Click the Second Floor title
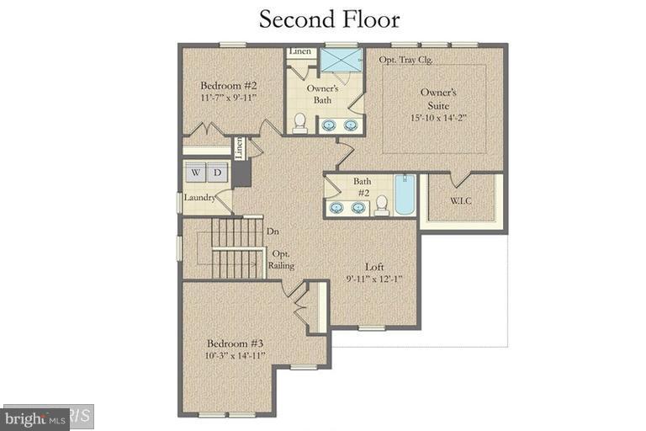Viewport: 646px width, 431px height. [x=329, y=19]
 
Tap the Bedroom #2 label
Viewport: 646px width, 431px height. [x=228, y=85]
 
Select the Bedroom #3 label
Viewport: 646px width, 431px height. [x=236, y=343]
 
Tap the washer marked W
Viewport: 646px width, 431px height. [x=196, y=173]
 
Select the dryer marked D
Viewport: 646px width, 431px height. [x=217, y=173]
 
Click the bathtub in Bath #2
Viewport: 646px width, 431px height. [x=404, y=195]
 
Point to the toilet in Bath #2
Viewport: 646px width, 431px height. [x=381, y=204]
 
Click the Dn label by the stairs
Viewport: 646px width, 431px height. [x=273, y=231]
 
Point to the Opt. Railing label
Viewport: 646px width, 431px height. [x=281, y=259]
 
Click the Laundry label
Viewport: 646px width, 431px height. [x=200, y=199]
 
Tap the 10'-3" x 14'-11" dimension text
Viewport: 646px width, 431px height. [x=236, y=356]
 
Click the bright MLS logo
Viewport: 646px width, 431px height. [x=35, y=418]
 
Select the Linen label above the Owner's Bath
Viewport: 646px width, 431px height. [x=300, y=52]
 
